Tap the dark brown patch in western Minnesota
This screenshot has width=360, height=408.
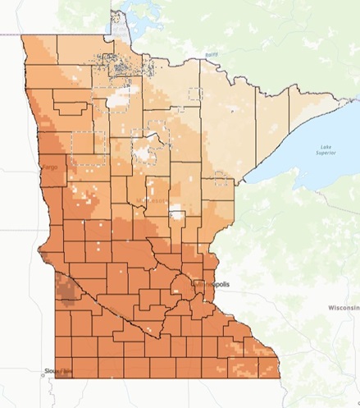65,287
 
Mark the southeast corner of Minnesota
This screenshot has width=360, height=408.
278,377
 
